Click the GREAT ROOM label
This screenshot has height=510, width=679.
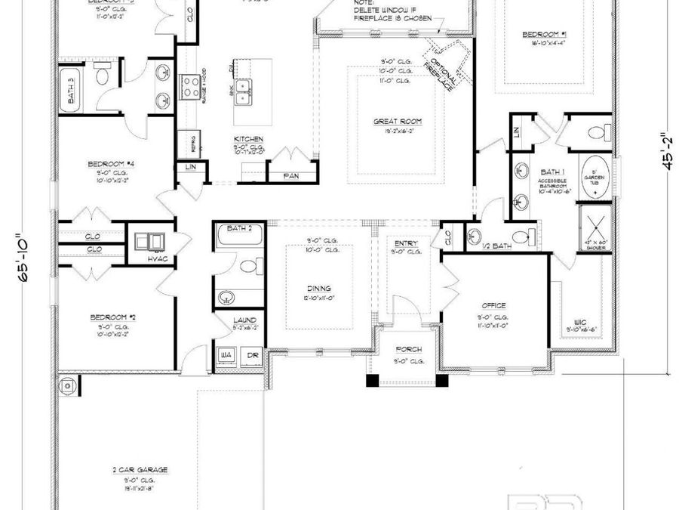397,121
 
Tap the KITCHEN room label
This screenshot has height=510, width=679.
248,140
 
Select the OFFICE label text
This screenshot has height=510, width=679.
493,306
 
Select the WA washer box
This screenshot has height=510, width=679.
225,354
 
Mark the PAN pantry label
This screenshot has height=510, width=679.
290,176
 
